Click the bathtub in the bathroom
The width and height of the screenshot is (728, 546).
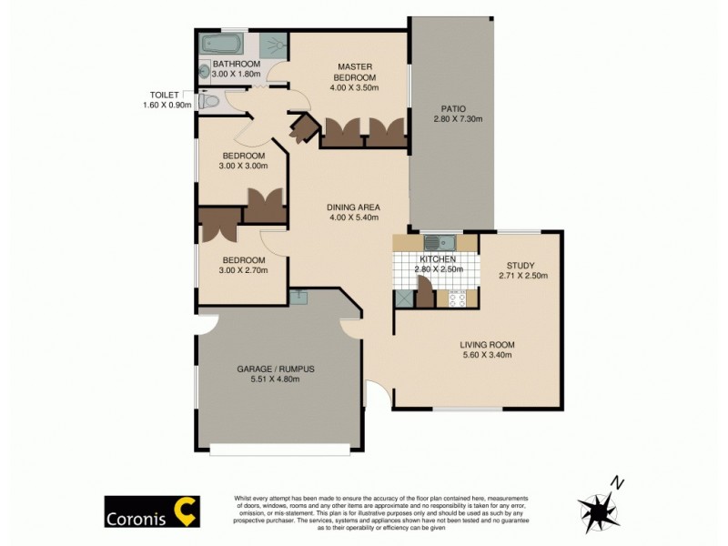click(222, 43)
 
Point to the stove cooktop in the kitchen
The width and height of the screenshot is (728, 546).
click(456, 298)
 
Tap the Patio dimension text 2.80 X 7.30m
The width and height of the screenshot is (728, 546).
click(457, 118)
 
